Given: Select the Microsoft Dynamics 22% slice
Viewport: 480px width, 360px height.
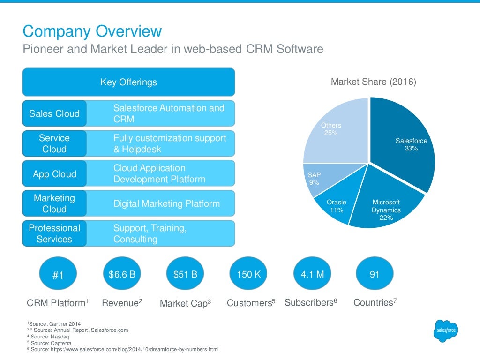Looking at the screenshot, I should click(x=389, y=206).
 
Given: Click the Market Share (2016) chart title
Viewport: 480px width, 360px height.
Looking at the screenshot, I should click(x=374, y=82).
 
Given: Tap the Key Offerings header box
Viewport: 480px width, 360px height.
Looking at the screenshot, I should click(x=128, y=82).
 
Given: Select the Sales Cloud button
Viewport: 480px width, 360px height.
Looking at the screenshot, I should click(x=54, y=113).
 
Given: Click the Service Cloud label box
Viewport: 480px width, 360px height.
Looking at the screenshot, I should click(x=54, y=143).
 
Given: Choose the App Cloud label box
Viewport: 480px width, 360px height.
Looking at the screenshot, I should click(x=54, y=174).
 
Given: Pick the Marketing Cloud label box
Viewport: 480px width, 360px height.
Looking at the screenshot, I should click(x=54, y=203).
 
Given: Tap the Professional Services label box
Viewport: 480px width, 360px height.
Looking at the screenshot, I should click(x=54, y=233).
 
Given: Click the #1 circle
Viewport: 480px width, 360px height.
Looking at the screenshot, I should click(x=58, y=275).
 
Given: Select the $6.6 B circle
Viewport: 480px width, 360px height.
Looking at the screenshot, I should click(x=121, y=274).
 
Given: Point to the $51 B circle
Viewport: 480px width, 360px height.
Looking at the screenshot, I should click(x=185, y=274).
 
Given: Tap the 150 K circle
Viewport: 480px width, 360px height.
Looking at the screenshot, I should click(x=248, y=274).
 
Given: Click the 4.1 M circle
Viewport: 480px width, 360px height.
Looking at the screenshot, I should click(x=312, y=274).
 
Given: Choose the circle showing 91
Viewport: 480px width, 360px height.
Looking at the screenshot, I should click(x=375, y=274).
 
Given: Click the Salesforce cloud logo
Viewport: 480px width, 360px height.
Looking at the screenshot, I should click(x=445, y=331).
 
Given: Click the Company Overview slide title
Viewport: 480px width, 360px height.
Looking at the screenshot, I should click(x=92, y=31).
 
